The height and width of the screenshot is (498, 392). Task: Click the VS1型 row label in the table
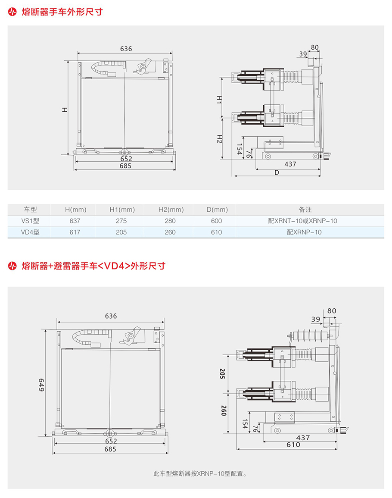(x=30, y=221)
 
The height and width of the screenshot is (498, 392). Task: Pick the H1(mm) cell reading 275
(x=121, y=221)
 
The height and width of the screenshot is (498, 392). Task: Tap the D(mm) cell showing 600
(x=217, y=221)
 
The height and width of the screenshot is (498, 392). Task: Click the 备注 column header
(x=305, y=210)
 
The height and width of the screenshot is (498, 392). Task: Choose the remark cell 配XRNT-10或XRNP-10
(x=302, y=221)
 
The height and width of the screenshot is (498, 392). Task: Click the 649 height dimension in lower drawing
(x=42, y=385)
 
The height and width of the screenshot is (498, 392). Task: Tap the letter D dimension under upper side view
(x=276, y=172)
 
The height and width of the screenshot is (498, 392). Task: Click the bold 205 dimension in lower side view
(x=223, y=373)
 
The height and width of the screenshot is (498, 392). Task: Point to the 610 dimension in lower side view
(x=293, y=445)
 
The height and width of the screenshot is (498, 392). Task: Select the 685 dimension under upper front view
(x=125, y=166)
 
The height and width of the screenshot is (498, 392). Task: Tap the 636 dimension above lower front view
(x=111, y=316)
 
